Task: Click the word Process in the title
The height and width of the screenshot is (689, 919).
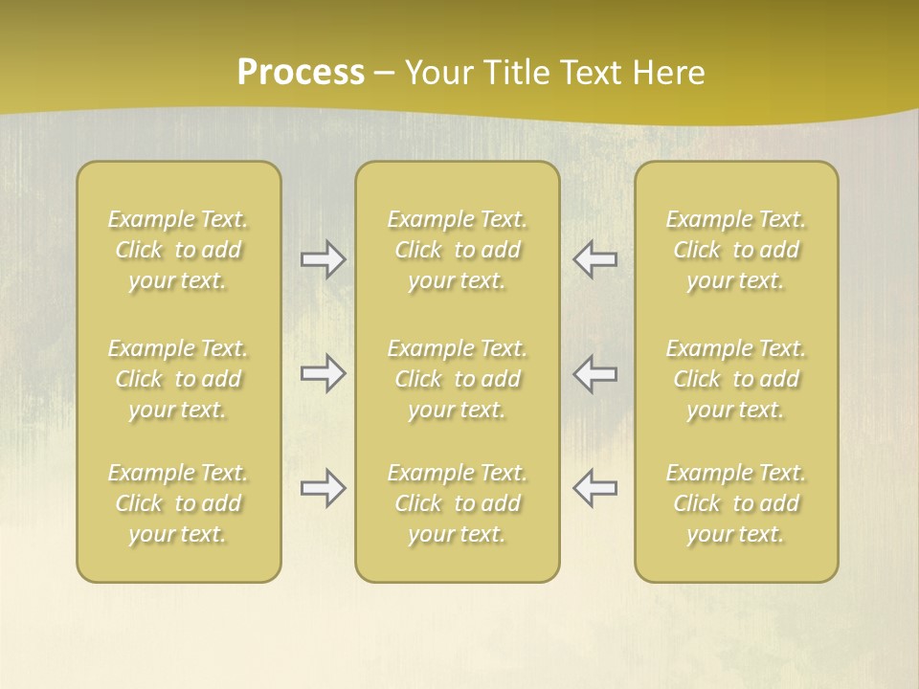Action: tap(301, 73)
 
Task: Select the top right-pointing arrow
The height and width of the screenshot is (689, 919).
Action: tap(323, 259)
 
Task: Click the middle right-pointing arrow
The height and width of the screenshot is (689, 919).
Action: tap(323, 373)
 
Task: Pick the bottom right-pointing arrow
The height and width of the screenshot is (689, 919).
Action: tap(323, 488)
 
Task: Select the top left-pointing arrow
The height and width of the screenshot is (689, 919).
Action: tap(594, 259)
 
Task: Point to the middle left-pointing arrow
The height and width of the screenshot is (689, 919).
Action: tap(594, 373)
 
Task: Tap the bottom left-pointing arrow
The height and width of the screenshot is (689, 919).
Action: tap(594, 488)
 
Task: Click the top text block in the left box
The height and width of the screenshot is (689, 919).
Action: tap(178, 250)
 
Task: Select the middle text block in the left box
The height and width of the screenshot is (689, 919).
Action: tap(178, 379)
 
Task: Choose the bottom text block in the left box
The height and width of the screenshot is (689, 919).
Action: tap(178, 503)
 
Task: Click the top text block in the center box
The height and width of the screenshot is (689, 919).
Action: tap(458, 250)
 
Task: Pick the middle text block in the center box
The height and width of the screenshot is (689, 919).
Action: tap(458, 379)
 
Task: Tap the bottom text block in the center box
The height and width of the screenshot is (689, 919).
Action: tap(458, 503)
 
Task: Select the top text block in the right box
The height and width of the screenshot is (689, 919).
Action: tap(736, 250)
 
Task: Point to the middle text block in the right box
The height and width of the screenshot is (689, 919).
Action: tap(736, 379)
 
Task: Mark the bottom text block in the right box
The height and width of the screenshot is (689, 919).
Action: tap(736, 503)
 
